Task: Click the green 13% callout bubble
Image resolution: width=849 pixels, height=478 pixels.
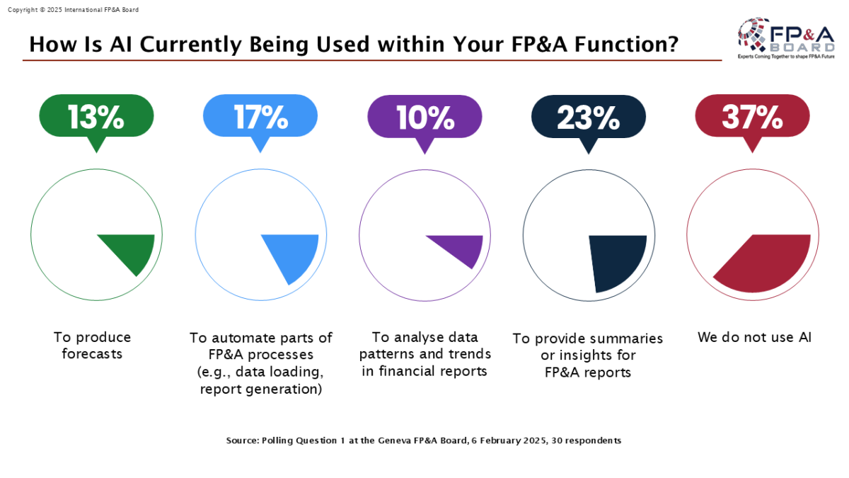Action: tap(96, 117)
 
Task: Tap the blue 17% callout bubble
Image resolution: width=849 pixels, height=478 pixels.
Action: tap(260, 117)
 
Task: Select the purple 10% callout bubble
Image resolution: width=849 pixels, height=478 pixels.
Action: tap(424, 117)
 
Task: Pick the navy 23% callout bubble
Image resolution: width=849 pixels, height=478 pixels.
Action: tap(588, 117)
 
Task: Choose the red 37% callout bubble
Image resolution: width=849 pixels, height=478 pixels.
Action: tap(752, 117)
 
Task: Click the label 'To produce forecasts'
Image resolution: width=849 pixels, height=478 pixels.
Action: tap(92, 346)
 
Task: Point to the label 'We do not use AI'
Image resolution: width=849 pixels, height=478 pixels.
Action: tap(754, 337)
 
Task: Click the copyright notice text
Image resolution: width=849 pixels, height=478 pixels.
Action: tap(73, 10)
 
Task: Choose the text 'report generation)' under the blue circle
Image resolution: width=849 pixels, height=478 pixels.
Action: tap(260, 389)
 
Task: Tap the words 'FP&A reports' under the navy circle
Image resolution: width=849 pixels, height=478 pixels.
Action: tap(588, 372)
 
